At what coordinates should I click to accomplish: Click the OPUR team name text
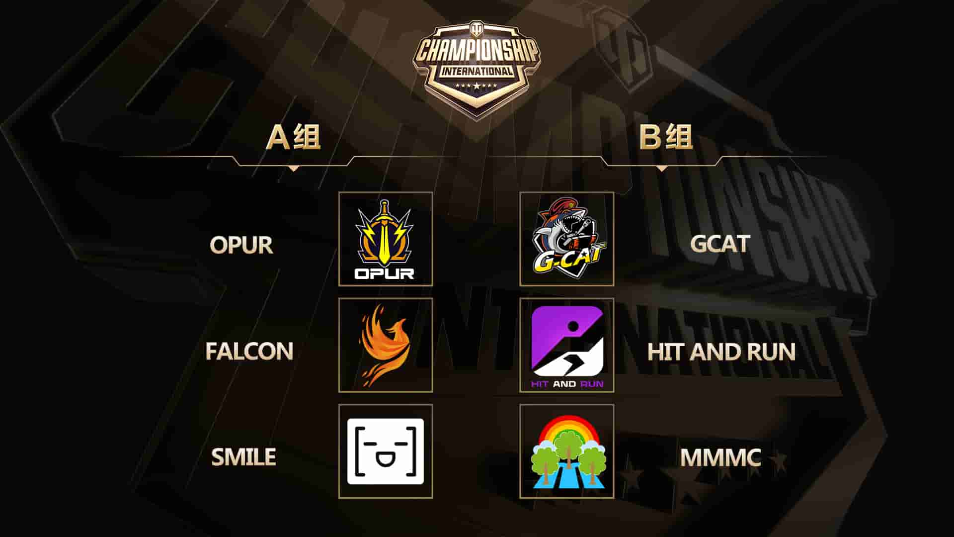click(x=241, y=245)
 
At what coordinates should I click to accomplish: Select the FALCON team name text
click(x=249, y=351)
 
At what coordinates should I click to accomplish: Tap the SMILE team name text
click(x=243, y=457)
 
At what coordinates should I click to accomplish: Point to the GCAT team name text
click(x=719, y=244)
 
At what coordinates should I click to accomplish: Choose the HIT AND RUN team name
click(x=721, y=352)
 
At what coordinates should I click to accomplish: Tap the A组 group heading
click(x=293, y=137)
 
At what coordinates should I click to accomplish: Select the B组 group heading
click(x=665, y=137)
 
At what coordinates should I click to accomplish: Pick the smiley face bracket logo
click(x=385, y=451)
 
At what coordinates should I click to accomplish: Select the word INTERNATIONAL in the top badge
click(x=477, y=71)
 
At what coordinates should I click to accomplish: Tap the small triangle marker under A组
click(x=294, y=169)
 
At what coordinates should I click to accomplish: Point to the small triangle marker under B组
click(x=661, y=169)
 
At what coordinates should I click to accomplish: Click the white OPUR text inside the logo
click(x=384, y=273)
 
